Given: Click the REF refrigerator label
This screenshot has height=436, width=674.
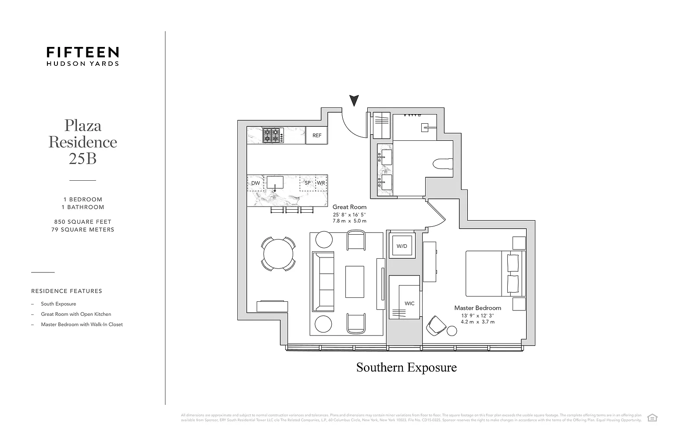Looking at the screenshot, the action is [317, 136].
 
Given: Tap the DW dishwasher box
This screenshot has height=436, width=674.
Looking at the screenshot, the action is [255, 183].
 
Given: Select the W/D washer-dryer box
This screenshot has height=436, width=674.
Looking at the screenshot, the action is [402, 246].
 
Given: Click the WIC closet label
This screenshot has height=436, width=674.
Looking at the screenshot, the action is [409, 304].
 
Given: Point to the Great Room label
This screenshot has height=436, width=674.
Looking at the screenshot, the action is [349, 207].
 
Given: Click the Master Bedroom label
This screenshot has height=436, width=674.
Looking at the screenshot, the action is [477, 308].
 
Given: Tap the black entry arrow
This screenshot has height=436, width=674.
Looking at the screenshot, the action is [354, 100].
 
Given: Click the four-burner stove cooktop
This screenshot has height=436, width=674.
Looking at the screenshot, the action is [272, 135].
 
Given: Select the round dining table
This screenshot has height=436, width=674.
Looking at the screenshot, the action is [279, 254].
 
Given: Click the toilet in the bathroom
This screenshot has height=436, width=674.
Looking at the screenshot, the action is [442, 164].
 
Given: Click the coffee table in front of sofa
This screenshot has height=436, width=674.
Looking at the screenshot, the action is [355, 282].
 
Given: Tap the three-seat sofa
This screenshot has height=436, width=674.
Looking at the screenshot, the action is [323, 282].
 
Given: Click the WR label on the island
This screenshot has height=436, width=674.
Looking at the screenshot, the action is [321, 183].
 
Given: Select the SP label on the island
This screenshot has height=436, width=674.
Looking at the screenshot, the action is [308, 183].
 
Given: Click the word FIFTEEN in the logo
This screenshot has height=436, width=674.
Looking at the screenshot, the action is [82, 53].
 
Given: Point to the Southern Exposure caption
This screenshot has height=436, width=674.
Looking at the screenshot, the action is [406, 368].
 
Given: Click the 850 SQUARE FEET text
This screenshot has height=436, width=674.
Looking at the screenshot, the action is [82, 222].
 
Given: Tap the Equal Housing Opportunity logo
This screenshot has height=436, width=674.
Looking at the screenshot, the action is [652, 418].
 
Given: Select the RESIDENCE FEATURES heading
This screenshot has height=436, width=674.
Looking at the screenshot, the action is [67, 291].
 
